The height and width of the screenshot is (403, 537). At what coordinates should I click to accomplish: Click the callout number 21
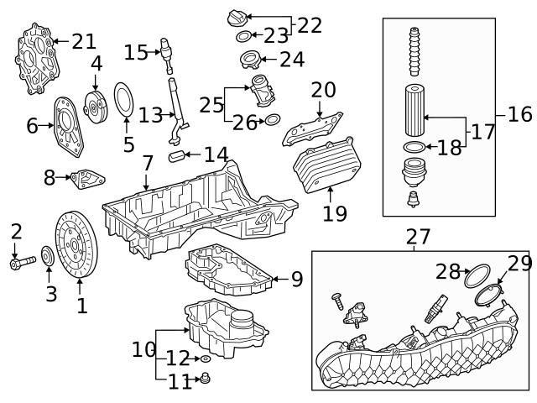pyautogui.click(x=84, y=40)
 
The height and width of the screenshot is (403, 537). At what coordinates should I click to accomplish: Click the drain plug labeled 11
pyautogui.click(x=204, y=379)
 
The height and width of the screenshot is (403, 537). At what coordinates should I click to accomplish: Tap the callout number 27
pyautogui.click(x=417, y=238)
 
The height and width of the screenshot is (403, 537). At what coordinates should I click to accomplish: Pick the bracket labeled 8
pyautogui.click(x=86, y=178)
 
